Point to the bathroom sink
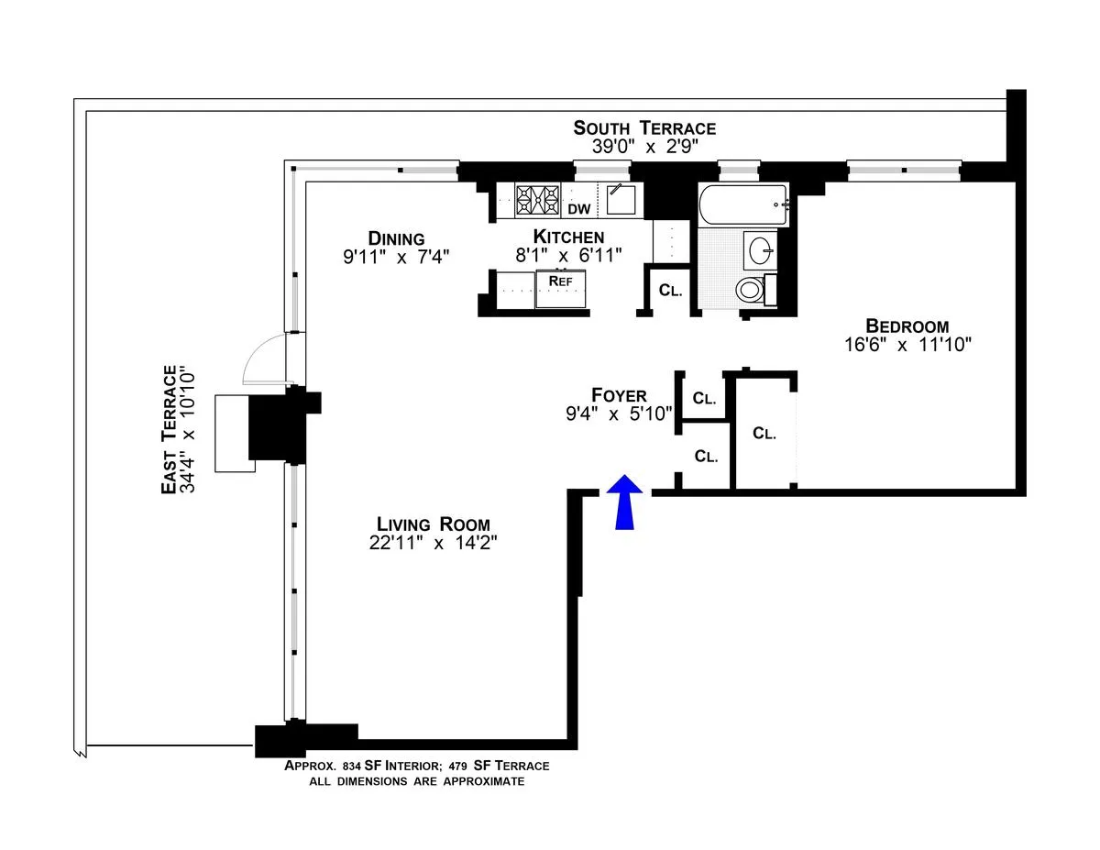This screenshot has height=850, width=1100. pos(760,249)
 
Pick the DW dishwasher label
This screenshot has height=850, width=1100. pos(578,209)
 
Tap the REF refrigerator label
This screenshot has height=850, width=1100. pos(560,281)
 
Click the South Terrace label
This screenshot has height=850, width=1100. pos(644,127)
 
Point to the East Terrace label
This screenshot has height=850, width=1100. pos(169,430)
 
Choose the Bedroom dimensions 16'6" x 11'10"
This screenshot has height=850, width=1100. pos(907,346)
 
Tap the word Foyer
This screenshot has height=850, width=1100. pos(619,395)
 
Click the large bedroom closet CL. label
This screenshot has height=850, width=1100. pos(764,434)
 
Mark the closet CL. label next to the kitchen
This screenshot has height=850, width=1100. pos(671,291)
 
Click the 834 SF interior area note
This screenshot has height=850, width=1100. pos(416,766)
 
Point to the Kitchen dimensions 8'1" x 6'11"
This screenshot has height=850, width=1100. pos(568,256)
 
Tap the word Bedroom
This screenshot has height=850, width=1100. pos(907,326)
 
